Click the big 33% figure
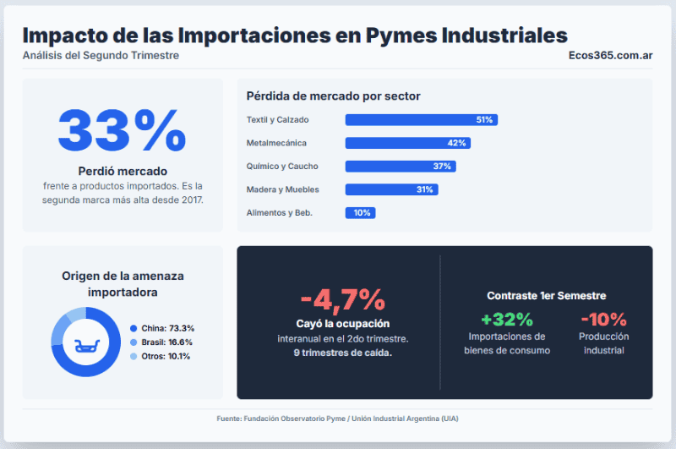(x=122, y=130)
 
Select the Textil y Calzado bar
(x=421, y=120)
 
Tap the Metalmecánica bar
(x=407, y=143)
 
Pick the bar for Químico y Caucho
(x=401, y=167)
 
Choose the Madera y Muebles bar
(x=391, y=189)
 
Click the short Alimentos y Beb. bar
(x=360, y=213)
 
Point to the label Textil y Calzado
(x=278, y=120)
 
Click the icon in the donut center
(x=86, y=342)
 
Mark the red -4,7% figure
(x=342, y=299)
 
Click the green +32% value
(x=507, y=320)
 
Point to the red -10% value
(x=603, y=320)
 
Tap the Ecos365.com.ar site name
(x=610, y=56)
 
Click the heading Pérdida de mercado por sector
(x=333, y=96)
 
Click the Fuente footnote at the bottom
(x=338, y=419)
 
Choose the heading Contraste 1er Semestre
(x=546, y=296)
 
